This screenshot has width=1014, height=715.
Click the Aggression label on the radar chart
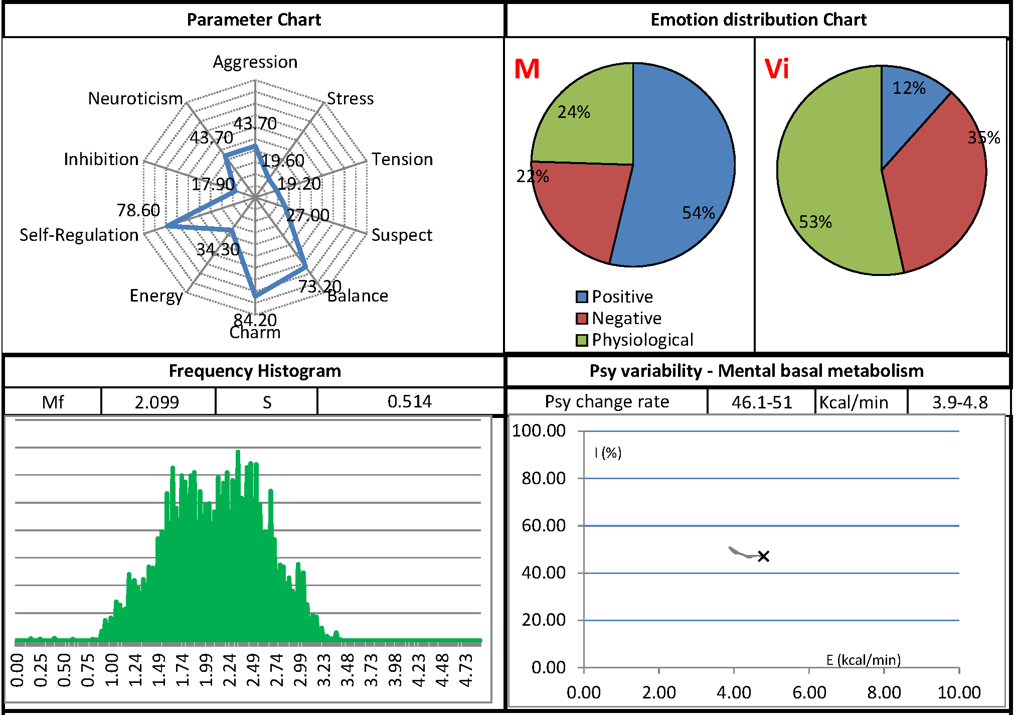255,62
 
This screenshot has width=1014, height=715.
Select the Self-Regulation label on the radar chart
79,235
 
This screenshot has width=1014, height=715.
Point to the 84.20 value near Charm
255,319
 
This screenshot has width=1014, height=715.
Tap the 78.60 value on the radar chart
138,210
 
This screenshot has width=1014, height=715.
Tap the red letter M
527,69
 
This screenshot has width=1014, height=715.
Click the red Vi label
776,69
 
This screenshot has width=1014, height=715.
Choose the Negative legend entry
626,318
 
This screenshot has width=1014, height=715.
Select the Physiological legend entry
642,340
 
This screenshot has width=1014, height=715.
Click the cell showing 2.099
157,402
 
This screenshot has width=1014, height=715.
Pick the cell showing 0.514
409,401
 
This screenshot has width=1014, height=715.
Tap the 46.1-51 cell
762,402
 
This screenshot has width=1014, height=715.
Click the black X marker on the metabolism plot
763,556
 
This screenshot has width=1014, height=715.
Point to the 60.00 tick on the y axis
543,525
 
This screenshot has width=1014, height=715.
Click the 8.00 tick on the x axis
884,692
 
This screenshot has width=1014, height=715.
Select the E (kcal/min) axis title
863,660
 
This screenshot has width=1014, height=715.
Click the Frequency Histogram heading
255,371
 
